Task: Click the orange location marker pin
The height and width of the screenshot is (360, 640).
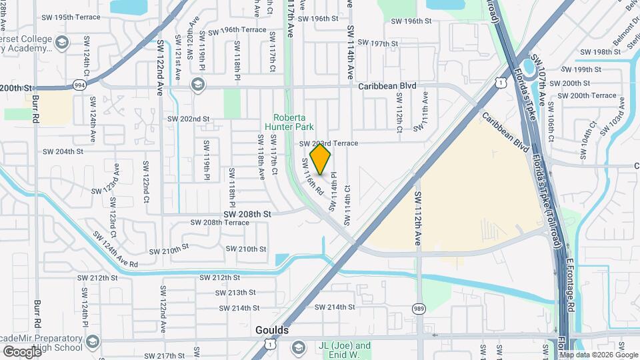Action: click(x=320, y=159)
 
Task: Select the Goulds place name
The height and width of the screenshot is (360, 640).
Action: click(x=272, y=330)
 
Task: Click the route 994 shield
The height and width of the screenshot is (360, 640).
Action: click(x=79, y=85)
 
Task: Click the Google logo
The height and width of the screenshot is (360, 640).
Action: click(x=21, y=351)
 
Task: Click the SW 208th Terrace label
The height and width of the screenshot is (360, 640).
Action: click(x=219, y=223)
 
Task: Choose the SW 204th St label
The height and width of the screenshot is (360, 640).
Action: click(x=63, y=151)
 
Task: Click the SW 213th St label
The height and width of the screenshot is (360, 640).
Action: click(x=237, y=293)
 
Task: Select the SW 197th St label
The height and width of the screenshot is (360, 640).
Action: click(x=377, y=43)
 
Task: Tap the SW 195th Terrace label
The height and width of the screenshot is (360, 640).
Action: click(x=127, y=16)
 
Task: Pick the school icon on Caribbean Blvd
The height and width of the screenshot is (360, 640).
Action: click(x=197, y=85)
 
